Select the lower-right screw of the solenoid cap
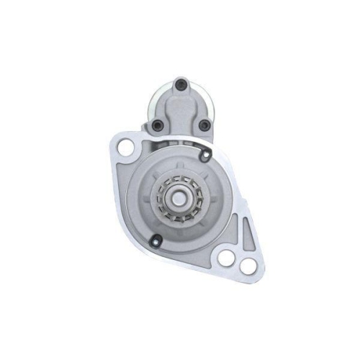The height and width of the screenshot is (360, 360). [204, 125]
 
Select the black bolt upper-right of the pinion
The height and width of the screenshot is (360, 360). [207, 156]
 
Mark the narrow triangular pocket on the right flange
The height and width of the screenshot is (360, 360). [247, 230]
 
